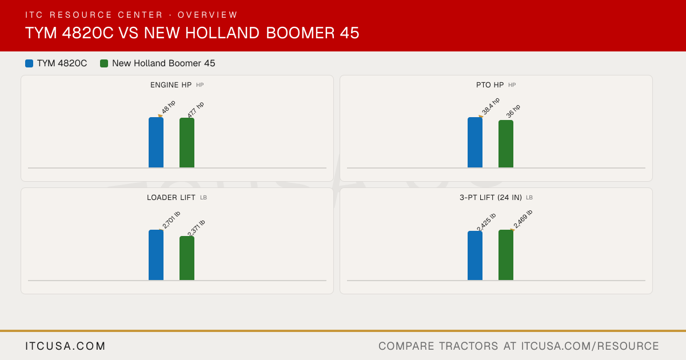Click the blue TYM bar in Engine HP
pos(156,142)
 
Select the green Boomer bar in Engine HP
pos(187,143)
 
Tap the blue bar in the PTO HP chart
pos(475,142)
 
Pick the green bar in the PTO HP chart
pos(506,144)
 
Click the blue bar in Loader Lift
pos(156,255)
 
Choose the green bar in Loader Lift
pos(187,258)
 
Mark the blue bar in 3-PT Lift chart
pos(475,255)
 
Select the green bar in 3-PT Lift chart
pos(506,255)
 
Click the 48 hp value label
pos(169,107)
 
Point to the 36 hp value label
pos(513,111)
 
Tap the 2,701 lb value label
pos(171,220)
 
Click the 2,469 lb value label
pos(523,219)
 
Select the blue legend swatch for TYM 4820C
pos(29,63)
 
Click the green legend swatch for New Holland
pos(104,63)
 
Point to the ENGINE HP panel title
pos(171,85)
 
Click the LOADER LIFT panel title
pos(171,198)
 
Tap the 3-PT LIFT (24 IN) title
pos(490,198)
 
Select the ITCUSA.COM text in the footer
pos(65,346)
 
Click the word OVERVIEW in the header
pos(208,15)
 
